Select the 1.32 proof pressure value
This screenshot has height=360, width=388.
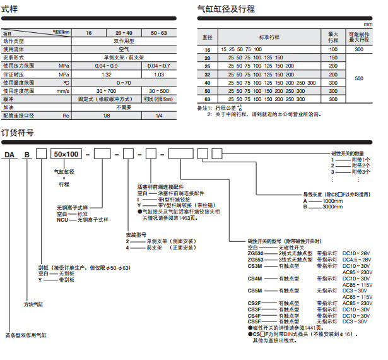pos(105,74)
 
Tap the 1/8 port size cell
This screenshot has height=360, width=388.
pos(105,116)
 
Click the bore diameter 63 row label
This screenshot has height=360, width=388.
pos(208,100)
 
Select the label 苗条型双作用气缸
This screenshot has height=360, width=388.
pos(25,334)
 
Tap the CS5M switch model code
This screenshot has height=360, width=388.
pos(255,290)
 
